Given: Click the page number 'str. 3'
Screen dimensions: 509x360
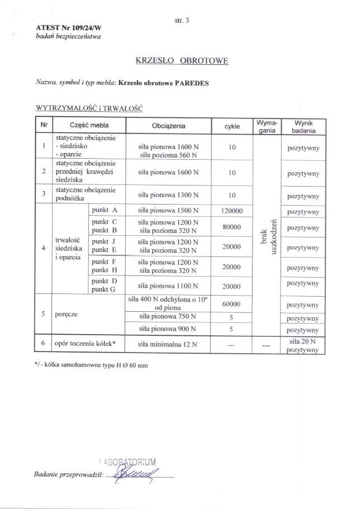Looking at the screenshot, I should [x=183, y=21].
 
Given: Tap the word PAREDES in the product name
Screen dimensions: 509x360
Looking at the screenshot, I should [x=190, y=83].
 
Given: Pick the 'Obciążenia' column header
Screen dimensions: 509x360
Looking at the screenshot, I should [x=169, y=127].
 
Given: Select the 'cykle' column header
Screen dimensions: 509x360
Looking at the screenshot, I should [x=230, y=127].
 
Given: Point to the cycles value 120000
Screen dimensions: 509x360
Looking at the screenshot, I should [x=231, y=211].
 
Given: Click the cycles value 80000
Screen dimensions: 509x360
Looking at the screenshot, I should [x=231, y=227].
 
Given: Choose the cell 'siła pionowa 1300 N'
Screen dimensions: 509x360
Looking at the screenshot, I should [x=169, y=194].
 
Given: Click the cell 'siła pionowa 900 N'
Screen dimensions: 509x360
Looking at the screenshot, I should [x=169, y=330].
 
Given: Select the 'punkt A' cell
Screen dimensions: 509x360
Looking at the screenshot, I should [x=104, y=211].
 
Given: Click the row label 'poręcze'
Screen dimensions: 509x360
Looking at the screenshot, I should [x=65, y=315].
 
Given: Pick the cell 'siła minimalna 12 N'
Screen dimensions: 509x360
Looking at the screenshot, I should [x=168, y=345].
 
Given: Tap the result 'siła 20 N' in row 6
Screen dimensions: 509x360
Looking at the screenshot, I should [x=302, y=340].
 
